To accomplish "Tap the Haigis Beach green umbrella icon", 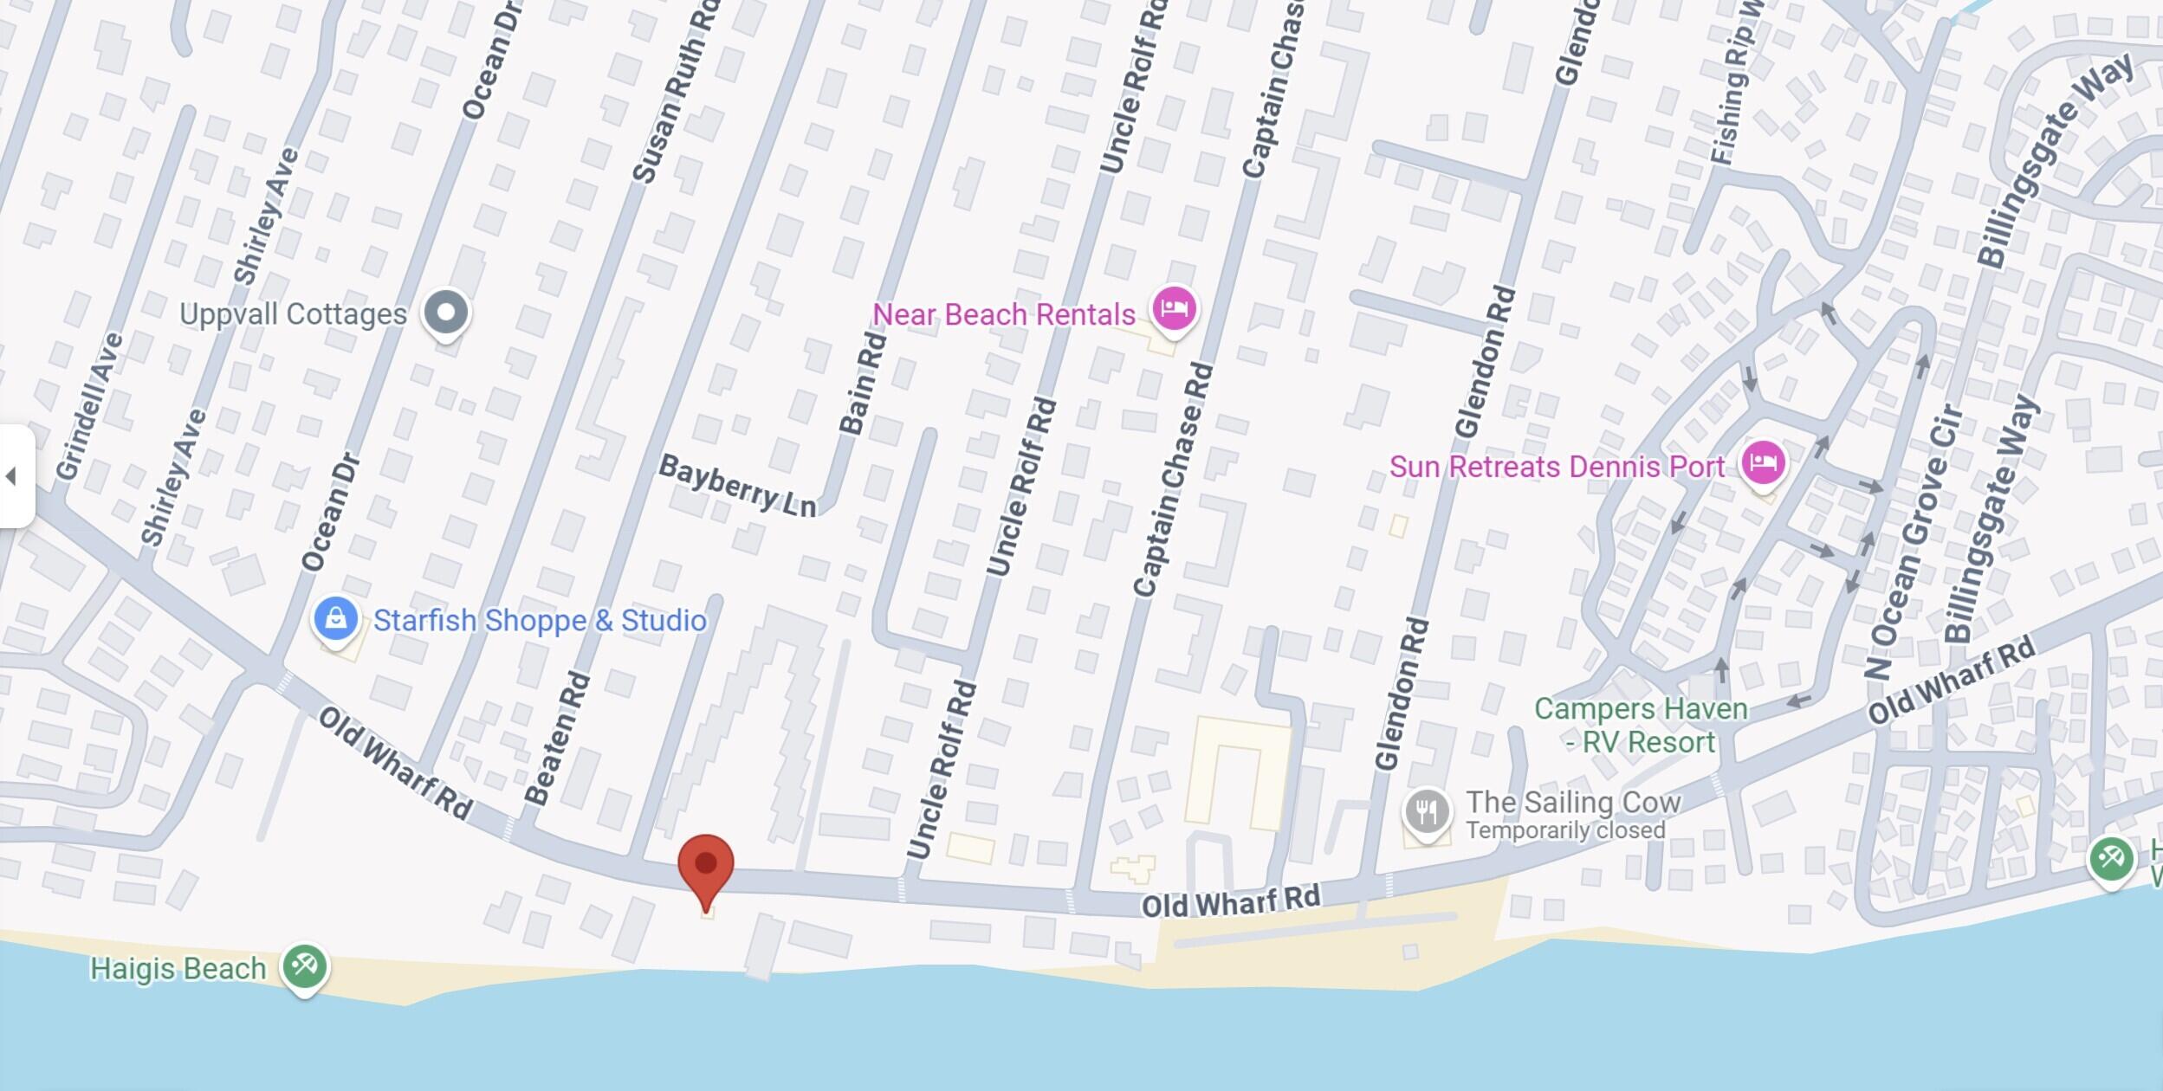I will tap(304, 965).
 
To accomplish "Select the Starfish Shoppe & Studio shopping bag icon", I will tap(336, 619).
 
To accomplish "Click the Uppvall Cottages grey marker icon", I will tap(445, 313).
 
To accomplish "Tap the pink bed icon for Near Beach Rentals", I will tap(1174, 308).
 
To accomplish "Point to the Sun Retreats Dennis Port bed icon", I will tap(1764, 462).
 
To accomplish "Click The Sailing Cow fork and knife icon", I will tap(1426, 812).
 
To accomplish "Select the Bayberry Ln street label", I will tap(737, 486).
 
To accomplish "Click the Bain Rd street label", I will tap(863, 383).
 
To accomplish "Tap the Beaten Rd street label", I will tap(557, 739).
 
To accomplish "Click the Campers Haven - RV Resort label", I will tap(1641, 726).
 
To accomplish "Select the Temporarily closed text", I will tap(1564, 831).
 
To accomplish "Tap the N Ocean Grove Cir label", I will tap(1911, 541).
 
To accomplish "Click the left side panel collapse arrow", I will tap(12, 476).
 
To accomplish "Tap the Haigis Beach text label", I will tap(178, 968).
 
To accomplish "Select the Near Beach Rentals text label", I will tap(1003, 314).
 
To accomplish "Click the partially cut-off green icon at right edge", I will tap(2111, 859).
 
